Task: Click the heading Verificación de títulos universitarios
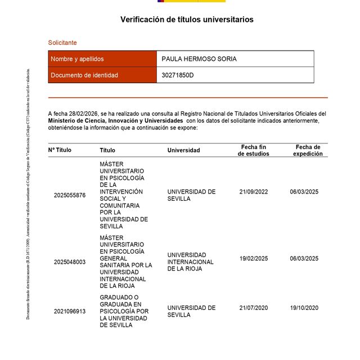[x=187, y=20]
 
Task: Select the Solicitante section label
[x=62, y=43]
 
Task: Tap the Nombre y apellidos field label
[x=77, y=59]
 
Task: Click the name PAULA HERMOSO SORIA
[x=199, y=59]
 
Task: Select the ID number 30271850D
[x=177, y=75]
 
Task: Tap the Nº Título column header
[x=60, y=150]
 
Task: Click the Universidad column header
[x=183, y=150]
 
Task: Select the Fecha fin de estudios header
[x=253, y=150]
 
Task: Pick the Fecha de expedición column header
[x=308, y=150]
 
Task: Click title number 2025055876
[x=70, y=195]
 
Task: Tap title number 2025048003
[x=70, y=262]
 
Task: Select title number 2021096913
[x=70, y=311]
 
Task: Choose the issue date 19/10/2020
[x=304, y=308]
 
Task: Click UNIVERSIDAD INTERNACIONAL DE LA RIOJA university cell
[x=191, y=262]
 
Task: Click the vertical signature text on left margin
[x=28, y=194]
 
